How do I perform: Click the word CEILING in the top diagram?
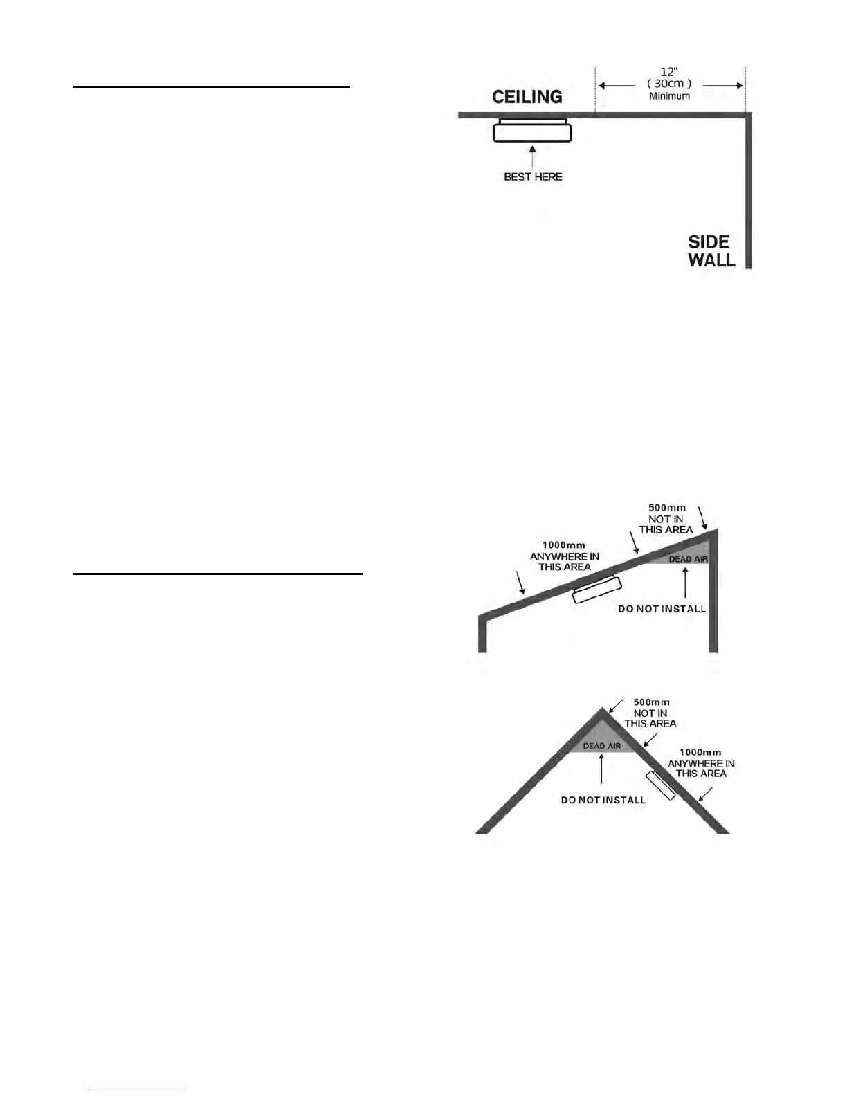(x=527, y=97)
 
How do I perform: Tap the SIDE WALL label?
(x=711, y=251)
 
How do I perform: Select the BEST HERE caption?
(x=533, y=177)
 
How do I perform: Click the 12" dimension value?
(x=668, y=71)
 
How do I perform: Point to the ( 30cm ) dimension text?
(x=668, y=84)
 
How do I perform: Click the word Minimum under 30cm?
(x=669, y=96)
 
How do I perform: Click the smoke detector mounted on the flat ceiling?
(x=532, y=130)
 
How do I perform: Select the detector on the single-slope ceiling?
(x=596, y=590)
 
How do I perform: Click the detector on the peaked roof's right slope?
(x=661, y=785)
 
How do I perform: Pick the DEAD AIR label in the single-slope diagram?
(x=688, y=559)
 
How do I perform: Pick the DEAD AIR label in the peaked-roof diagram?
(x=601, y=746)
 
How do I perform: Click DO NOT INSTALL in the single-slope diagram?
(x=662, y=609)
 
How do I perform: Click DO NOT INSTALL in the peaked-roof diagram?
(x=603, y=800)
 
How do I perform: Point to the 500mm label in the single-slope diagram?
(x=666, y=508)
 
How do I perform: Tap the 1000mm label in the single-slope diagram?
(x=563, y=545)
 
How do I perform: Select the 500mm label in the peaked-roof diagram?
(x=651, y=702)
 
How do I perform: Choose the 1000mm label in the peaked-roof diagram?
(x=700, y=752)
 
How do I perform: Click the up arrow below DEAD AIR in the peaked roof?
(x=602, y=769)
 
